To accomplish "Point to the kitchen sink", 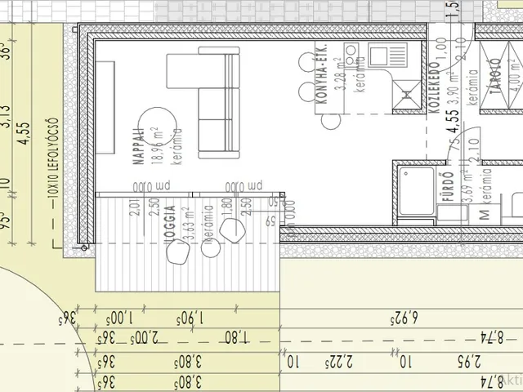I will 381,56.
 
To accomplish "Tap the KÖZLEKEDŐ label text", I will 435,88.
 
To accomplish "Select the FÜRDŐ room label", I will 447,188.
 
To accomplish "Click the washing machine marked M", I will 484,215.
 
